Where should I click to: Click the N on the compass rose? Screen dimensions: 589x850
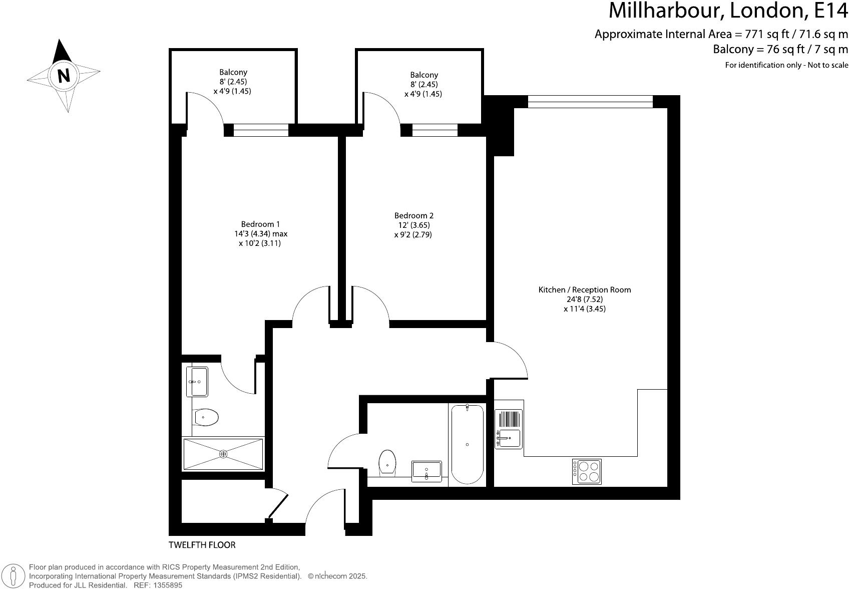pos(64,76)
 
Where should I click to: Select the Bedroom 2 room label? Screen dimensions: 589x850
pos(413,215)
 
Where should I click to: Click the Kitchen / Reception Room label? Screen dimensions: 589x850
pos(584,289)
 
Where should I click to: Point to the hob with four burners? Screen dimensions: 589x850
pos(587,471)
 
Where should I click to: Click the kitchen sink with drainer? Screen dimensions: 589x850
pos(508,429)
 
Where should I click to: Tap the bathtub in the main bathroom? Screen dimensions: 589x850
pos(467,444)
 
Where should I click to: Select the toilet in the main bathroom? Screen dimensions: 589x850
pos(387,462)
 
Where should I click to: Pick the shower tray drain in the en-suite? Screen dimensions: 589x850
pos(223,454)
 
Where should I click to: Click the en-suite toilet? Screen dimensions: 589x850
pos(206,417)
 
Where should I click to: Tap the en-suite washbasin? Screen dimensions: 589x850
pos(197,381)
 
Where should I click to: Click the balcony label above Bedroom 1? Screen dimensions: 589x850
pos(233,72)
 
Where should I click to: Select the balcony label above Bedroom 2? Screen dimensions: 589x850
pos(423,75)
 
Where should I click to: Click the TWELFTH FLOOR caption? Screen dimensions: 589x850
pos(202,545)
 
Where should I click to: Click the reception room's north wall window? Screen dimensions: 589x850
pos(590,102)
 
